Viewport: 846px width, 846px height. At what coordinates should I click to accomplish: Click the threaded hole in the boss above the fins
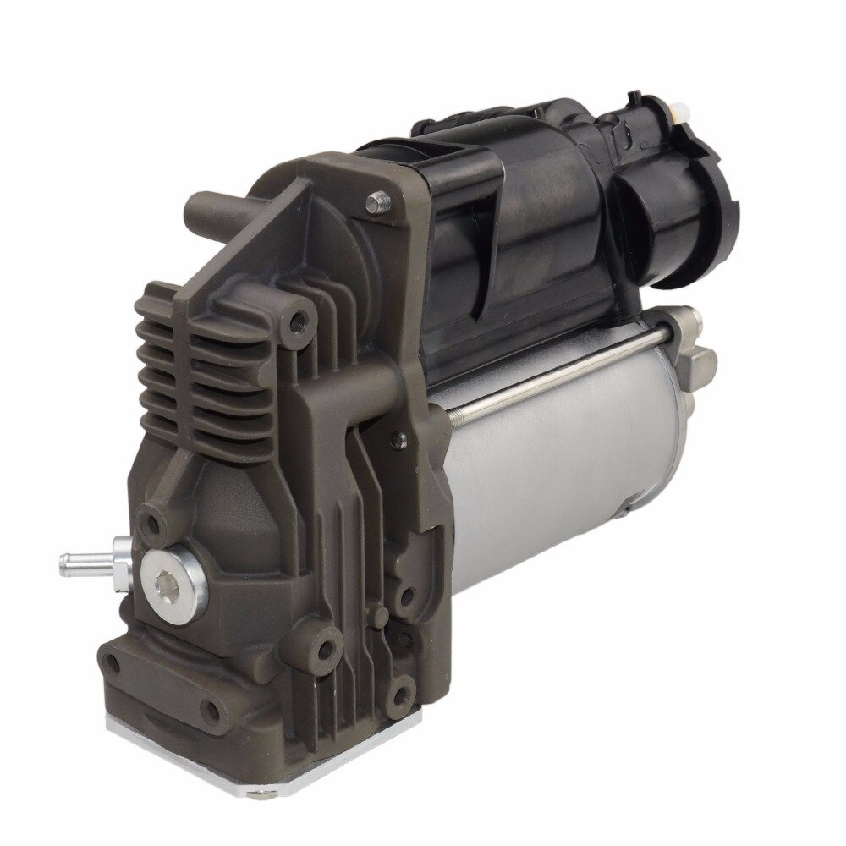(296, 322)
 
